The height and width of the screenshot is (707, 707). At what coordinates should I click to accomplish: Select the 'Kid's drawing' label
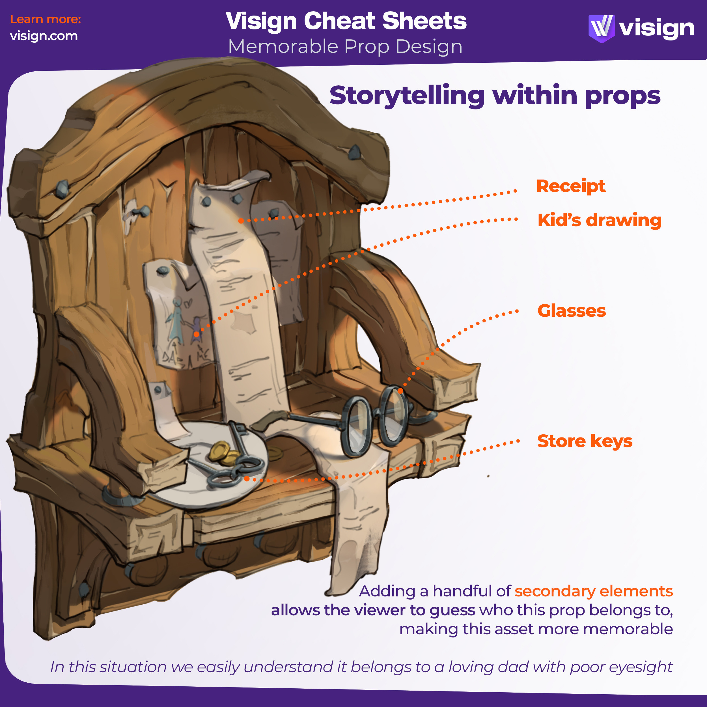(x=599, y=220)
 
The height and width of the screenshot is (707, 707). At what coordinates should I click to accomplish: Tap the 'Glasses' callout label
(x=571, y=311)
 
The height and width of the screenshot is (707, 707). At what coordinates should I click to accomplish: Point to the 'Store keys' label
(x=585, y=441)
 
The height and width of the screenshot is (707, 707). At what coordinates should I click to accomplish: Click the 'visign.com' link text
(x=44, y=36)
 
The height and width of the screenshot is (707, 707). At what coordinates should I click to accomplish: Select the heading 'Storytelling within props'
(x=495, y=96)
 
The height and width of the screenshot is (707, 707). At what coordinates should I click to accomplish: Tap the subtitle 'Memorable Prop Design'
(x=345, y=47)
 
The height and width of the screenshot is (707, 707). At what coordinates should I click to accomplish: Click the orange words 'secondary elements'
(x=594, y=591)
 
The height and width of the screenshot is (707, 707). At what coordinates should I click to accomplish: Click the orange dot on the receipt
(x=241, y=221)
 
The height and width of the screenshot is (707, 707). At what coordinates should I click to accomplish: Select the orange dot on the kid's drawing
(x=197, y=334)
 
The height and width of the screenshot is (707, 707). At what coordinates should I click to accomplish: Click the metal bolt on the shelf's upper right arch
(x=354, y=152)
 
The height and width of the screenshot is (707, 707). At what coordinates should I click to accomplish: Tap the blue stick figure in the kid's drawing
(x=176, y=320)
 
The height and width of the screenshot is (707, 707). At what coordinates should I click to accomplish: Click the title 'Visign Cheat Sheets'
(x=346, y=21)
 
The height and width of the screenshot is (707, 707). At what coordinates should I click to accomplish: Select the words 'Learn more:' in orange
(x=45, y=19)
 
